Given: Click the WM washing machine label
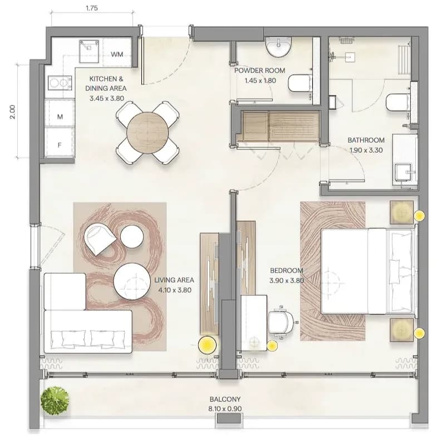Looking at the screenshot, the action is click(x=117, y=54).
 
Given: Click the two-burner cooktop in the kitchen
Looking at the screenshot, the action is click(x=60, y=83).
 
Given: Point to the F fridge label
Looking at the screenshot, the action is click(x=60, y=145).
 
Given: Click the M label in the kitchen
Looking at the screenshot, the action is click(x=60, y=116).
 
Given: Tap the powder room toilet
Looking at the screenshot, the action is click(x=299, y=83).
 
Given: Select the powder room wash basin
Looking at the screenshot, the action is click(x=278, y=46).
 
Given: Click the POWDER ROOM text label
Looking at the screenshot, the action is click(x=259, y=71).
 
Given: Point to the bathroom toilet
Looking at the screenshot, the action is click(x=397, y=103).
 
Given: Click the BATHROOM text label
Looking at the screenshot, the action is click(x=366, y=140).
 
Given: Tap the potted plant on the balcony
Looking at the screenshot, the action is click(x=55, y=401).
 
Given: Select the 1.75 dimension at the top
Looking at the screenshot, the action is click(x=92, y=8).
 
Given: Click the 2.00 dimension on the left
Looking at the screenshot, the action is click(x=12, y=112).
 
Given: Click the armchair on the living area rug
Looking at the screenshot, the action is click(x=99, y=239).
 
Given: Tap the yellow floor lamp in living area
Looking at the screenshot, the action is click(x=207, y=345).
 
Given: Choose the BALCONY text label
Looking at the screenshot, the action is click(x=225, y=399).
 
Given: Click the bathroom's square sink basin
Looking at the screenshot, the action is click(x=403, y=172).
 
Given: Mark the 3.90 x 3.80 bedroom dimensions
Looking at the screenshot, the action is click(x=287, y=281).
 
